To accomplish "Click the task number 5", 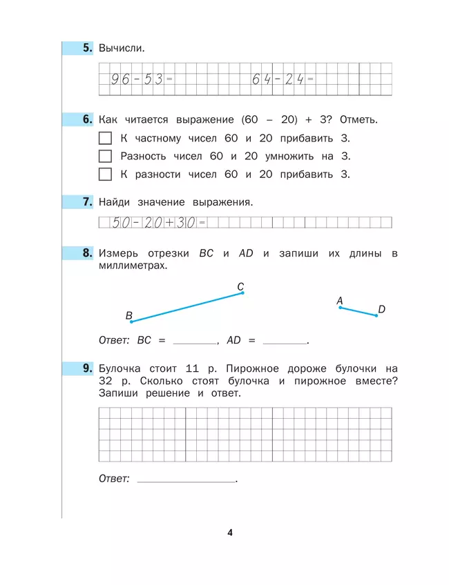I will pos(87,48).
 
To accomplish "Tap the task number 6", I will pos(87,119).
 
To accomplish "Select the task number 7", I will pos(87,202).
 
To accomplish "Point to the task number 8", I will pos(87,254).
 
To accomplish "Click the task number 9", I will pos(87,368).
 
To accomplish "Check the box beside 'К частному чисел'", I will pos(105,138).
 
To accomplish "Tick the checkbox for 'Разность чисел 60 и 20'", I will pos(105,156).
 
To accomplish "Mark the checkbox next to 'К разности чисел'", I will pos(105,174).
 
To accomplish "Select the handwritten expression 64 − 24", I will pos(278,79).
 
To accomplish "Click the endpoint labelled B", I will pos(131,321).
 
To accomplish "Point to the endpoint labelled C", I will pos(242,292).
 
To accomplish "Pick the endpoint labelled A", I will pos(340,308).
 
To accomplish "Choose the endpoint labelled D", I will pos(376,315).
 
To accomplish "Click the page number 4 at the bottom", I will pos(230,532).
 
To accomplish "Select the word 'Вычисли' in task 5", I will pos(122,48).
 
